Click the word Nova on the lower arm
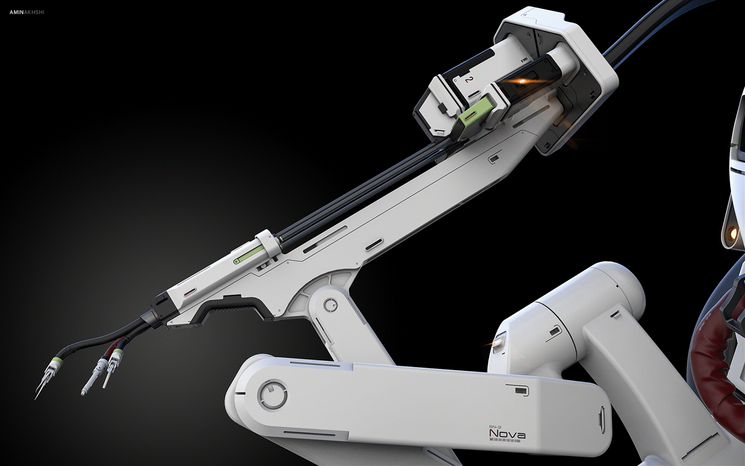507,435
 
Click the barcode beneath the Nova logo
507,442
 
